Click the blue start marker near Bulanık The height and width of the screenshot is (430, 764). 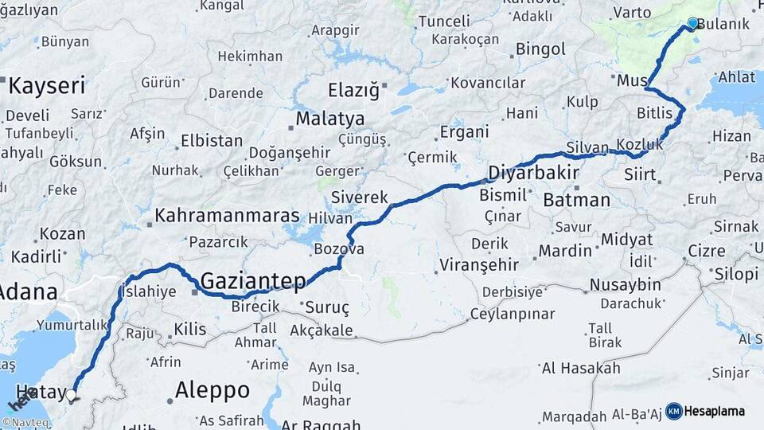692,24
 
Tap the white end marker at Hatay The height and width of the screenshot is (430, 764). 72,394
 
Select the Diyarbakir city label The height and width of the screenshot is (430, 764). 533,173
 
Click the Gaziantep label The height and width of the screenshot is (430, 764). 253,280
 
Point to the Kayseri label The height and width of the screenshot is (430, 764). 46,86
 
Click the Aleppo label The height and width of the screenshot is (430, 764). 212,390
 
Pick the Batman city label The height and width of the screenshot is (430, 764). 576,200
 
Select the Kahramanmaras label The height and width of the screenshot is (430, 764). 227,215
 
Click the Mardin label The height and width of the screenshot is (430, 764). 565,251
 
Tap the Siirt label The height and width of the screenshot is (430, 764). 640,174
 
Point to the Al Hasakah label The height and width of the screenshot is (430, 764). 580,368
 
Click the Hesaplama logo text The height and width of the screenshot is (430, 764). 715,411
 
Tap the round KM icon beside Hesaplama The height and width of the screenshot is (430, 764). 674,411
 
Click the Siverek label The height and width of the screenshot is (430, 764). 359,197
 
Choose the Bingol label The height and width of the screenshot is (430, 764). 540,49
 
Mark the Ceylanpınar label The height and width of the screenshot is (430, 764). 501,314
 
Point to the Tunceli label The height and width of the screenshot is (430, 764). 444,21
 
